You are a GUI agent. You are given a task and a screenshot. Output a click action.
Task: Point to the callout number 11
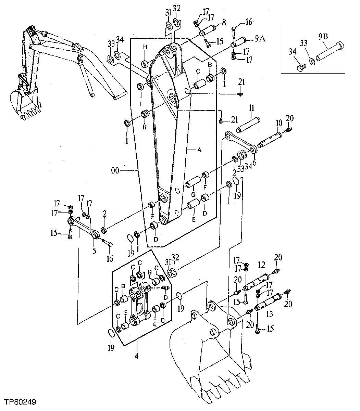pyautogui.click(x=251, y=108)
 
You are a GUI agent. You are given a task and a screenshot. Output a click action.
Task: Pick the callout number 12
pyautogui.click(x=262, y=265)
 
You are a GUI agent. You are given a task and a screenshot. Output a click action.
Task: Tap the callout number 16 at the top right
pyautogui.click(x=248, y=22)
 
